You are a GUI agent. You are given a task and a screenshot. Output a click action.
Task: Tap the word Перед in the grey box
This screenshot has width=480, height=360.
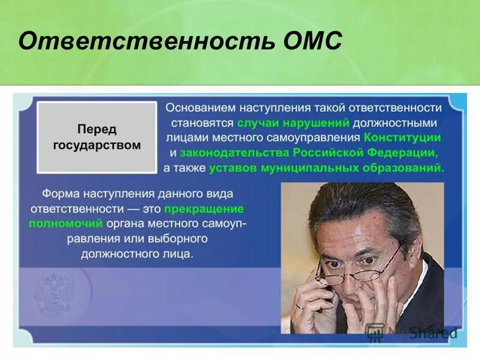click(x=97, y=130)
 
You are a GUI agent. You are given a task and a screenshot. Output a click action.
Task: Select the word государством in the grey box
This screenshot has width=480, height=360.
click(x=97, y=145)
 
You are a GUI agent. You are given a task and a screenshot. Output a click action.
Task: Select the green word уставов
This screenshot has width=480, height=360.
click(x=233, y=168)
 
